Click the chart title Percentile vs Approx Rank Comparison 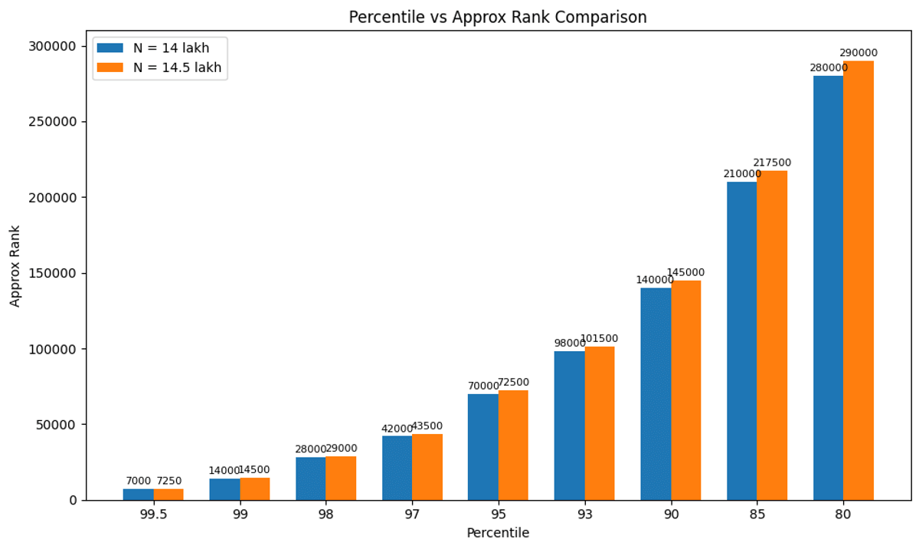tap(498, 17)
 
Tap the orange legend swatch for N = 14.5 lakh tap(110, 67)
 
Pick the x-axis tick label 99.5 tap(153, 514)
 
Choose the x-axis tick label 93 tap(585, 514)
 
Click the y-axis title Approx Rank tap(15, 266)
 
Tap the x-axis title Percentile tap(498, 532)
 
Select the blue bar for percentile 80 tap(829, 288)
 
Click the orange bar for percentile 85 tap(772, 335)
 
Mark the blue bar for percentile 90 tap(656, 393)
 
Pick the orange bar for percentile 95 tap(513, 445)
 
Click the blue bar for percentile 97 tap(397, 468)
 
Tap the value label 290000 tap(858, 53)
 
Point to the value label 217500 tap(772, 163)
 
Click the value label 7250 tap(169, 481)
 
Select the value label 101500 tap(599, 338)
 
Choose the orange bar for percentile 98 tap(341, 478)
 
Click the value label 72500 tap(513, 382)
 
